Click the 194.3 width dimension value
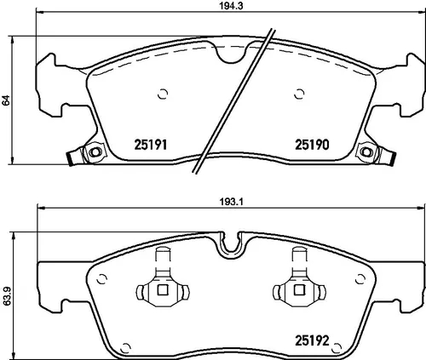(231, 6)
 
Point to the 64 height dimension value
(6, 100)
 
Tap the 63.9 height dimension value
(6, 295)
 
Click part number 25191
(150, 145)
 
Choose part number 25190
(312, 145)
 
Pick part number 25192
(312, 340)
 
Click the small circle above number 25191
(163, 94)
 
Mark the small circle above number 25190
(299, 94)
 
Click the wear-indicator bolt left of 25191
(95, 151)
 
